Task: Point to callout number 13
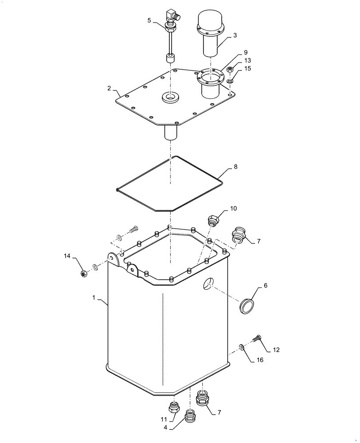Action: (x=247, y=60)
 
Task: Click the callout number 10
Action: (x=233, y=208)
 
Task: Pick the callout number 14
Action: (x=67, y=256)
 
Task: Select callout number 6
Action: (x=266, y=286)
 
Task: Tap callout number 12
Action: (x=276, y=350)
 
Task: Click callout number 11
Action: (x=163, y=419)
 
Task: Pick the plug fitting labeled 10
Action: (x=213, y=219)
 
